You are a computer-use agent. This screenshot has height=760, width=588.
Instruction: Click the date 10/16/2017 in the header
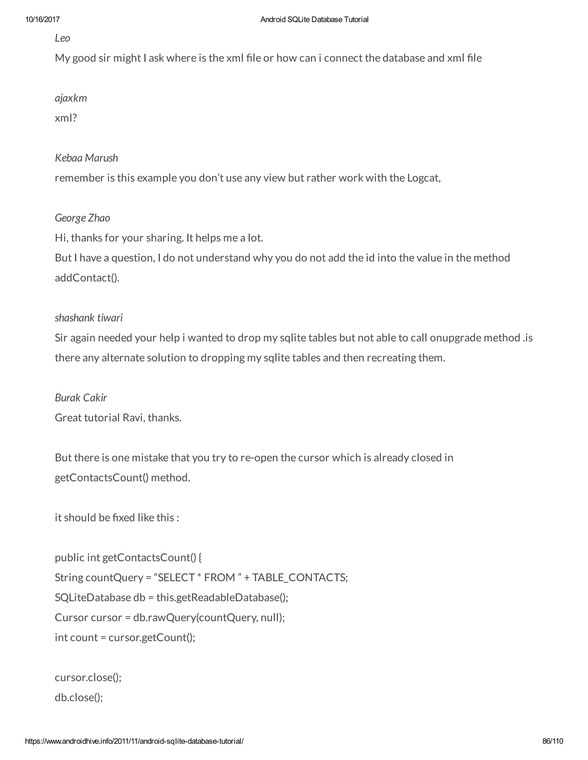tap(42, 20)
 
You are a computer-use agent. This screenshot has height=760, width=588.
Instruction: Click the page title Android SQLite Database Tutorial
tap(314, 20)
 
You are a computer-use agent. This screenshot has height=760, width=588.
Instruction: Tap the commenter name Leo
tap(62, 38)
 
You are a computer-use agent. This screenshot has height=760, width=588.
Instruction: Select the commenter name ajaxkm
tap(71, 98)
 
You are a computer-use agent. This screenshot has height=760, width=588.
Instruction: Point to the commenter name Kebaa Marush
tap(86, 158)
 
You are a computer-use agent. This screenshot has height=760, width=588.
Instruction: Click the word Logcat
tap(423, 178)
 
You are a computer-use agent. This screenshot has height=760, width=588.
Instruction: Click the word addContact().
tap(87, 278)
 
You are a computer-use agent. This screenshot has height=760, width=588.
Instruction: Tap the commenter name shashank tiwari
tap(88, 318)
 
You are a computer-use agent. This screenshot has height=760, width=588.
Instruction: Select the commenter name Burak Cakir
tap(81, 398)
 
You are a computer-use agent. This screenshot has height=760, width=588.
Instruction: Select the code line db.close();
tap(79, 697)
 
